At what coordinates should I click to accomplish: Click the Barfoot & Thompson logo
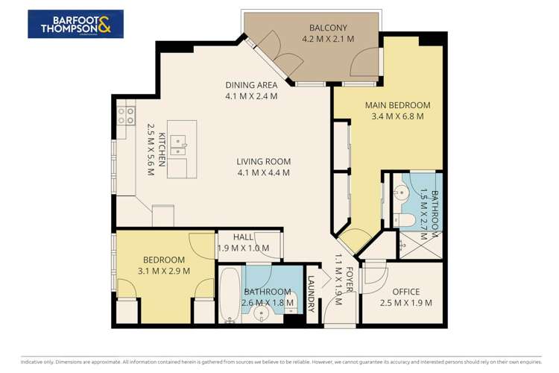(x=75, y=24)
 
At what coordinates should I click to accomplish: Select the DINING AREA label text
(x=251, y=85)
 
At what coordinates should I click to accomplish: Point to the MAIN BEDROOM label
(x=397, y=105)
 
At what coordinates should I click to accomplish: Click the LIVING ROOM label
(x=263, y=161)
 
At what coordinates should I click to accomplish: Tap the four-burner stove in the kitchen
(x=125, y=116)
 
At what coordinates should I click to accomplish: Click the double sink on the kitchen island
(x=178, y=143)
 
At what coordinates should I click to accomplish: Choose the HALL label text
(x=243, y=237)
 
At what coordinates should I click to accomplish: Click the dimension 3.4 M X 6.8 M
(x=397, y=116)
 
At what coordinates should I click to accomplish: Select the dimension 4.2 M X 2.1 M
(x=327, y=38)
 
